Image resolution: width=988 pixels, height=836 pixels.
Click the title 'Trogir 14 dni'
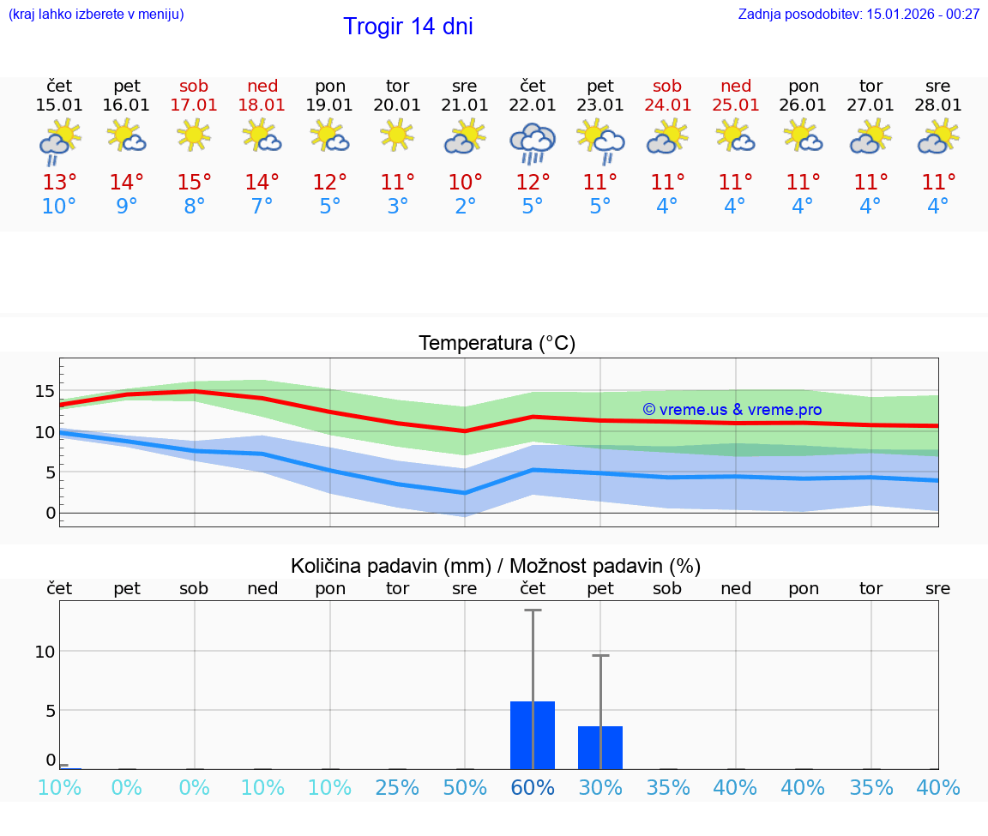pyautogui.click(x=408, y=27)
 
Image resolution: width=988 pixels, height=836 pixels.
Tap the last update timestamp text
pyautogui.click(x=858, y=14)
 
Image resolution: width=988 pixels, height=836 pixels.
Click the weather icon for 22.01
pyautogui.click(x=533, y=141)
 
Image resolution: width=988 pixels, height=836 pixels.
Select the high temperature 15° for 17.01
pyautogui.click(x=195, y=183)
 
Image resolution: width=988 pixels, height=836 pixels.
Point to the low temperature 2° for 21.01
pyautogui.click(x=465, y=207)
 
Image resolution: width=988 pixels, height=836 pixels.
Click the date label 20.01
pyautogui.click(x=397, y=105)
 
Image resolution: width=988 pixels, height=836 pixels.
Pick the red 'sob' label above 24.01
pyautogui.click(x=667, y=86)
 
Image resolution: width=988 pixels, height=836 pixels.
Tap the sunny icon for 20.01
pyautogui.click(x=397, y=135)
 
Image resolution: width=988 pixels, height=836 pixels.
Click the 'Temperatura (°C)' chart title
pyautogui.click(x=497, y=343)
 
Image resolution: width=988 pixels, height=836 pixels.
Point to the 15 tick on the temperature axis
pyautogui.click(x=45, y=391)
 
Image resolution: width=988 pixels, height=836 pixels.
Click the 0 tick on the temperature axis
pyautogui.click(x=50, y=514)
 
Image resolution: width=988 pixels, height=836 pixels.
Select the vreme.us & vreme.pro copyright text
pyautogui.click(x=732, y=410)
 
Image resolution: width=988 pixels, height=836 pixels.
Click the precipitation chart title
pyautogui.click(x=496, y=566)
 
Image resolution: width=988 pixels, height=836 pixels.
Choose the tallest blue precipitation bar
pyautogui.click(x=533, y=735)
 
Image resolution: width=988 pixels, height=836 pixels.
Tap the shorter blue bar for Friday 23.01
pyautogui.click(x=600, y=748)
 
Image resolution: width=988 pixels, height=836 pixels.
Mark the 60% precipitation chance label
pyautogui.click(x=533, y=787)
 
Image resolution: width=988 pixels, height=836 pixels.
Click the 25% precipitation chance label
pyautogui.click(x=397, y=787)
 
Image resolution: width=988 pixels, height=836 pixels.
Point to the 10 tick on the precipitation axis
pyautogui.click(x=45, y=651)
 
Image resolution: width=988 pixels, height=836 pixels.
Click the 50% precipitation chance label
pyautogui.click(x=465, y=787)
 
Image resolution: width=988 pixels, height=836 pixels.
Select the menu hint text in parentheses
pyautogui.click(x=96, y=14)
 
